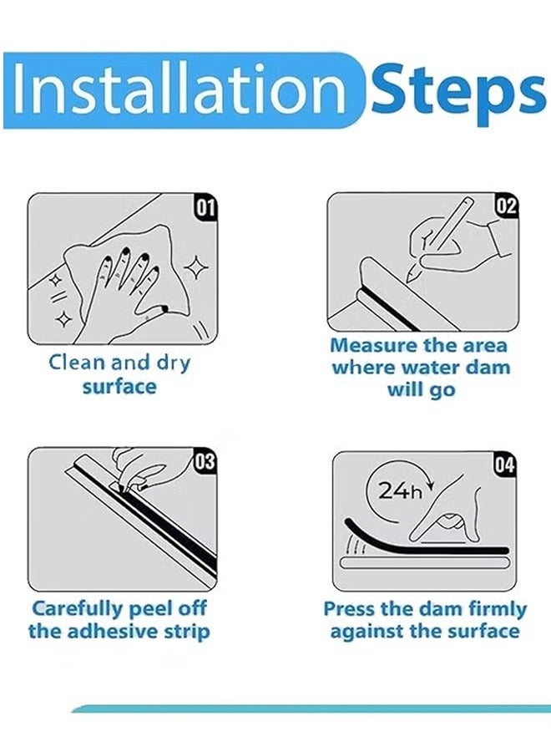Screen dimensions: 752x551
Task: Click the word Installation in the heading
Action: tap(178, 89)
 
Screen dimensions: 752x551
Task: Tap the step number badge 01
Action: tap(206, 206)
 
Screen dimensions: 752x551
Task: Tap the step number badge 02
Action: tap(507, 206)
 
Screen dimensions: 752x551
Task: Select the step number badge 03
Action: tap(205, 460)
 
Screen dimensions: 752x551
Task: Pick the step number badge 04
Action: tap(505, 465)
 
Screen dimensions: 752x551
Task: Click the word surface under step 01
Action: tap(119, 387)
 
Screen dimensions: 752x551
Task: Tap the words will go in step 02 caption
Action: tap(420, 390)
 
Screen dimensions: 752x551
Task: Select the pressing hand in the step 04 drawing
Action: tap(455, 514)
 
